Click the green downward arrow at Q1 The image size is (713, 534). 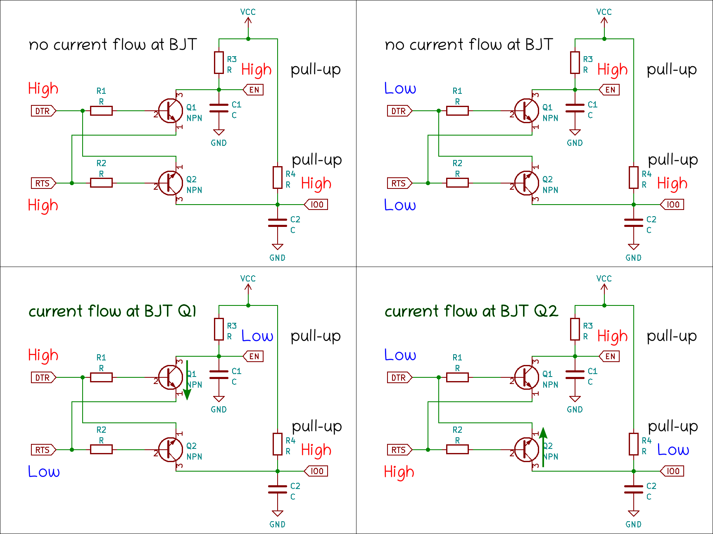tap(187, 379)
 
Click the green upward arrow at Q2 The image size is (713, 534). tap(543, 447)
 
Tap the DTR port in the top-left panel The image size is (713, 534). tap(43, 111)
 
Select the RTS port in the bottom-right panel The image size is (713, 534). tap(399, 450)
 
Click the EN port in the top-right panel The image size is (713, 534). tap(610, 90)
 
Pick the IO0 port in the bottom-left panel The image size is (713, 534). tap(316, 471)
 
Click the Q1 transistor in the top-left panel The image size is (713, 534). tap(171, 111)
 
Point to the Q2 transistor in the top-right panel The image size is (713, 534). tap(527, 183)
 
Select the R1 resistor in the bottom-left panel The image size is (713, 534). tap(101, 377)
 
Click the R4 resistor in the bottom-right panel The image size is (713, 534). tap(633, 444)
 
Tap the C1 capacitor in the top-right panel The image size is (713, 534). tap(575, 108)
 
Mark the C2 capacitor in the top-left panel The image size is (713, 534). tap(277, 223)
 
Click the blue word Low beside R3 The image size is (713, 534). tap(257, 336)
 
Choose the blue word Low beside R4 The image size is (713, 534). tap(673, 450)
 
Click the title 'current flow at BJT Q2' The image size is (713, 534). tap(471, 311)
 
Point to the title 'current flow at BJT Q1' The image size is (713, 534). tap(112, 311)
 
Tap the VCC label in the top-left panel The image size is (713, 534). tap(248, 12)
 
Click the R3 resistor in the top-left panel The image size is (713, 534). tap(219, 62)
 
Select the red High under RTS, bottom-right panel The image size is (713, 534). tap(399, 472)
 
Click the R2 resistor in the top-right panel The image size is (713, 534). tap(457, 183)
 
